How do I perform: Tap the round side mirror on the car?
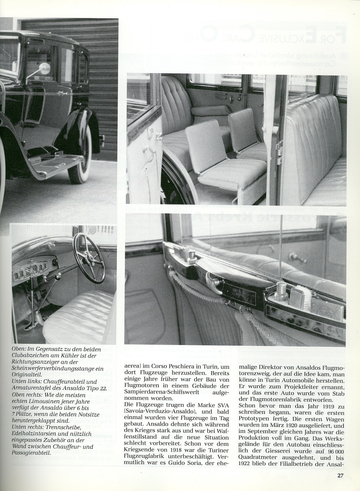click(45, 69)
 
